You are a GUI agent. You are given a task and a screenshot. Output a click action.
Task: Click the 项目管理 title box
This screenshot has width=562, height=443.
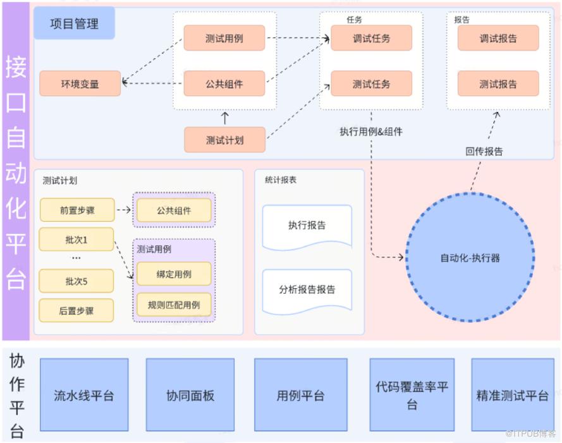pyautogui.click(x=74, y=23)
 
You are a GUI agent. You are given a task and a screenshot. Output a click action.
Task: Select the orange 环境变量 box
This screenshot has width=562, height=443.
pyautogui.click(x=80, y=83)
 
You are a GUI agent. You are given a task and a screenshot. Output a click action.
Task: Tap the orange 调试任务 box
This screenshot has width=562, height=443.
pyautogui.click(x=372, y=39)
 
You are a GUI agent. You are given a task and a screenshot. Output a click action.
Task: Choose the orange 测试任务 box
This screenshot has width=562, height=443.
pyautogui.click(x=372, y=83)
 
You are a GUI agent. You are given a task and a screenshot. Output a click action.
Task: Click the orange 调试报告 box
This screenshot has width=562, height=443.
pyautogui.click(x=498, y=39)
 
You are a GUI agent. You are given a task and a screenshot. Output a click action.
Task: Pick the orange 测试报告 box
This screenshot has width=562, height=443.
pyautogui.click(x=498, y=83)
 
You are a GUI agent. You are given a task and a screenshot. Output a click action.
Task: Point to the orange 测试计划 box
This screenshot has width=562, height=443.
pyautogui.click(x=224, y=140)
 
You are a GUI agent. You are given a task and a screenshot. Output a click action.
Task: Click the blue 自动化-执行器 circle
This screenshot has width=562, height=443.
pyautogui.click(x=470, y=258)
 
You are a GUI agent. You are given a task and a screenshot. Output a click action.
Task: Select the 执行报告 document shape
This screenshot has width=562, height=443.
pyautogui.click(x=307, y=226)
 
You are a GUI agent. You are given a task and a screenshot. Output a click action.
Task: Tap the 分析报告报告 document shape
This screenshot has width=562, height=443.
pyautogui.click(x=307, y=291)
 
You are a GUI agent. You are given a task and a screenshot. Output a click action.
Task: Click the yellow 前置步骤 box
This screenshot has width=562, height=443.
pyautogui.click(x=76, y=210)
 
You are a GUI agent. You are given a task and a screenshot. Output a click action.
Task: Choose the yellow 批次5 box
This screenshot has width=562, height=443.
pyautogui.click(x=76, y=281)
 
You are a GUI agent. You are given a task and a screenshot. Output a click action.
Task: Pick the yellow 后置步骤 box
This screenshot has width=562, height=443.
pyautogui.click(x=76, y=310)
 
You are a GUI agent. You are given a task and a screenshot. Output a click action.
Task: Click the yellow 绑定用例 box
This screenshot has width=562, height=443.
pyautogui.click(x=174, y=274)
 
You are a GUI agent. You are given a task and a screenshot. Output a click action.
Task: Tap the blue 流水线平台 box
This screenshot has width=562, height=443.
pyautogui.click(x=84, y=396)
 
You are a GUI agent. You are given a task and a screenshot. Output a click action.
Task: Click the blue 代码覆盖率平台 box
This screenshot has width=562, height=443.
pyautogui.click(x=412, y=396)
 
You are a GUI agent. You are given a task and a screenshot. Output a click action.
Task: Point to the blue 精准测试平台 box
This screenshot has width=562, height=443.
pyautogui.click(x=512, y=396)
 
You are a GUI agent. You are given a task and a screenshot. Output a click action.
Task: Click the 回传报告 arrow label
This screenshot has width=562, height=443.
pyautogui.click(x=484, y=151)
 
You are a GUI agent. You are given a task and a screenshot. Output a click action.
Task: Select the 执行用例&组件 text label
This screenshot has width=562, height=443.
pyautogui.click(x=371, y=132)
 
